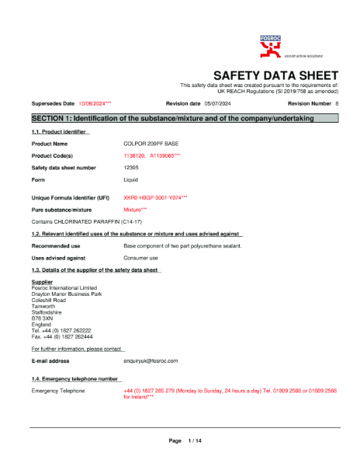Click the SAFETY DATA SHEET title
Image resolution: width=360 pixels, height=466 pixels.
click(275, 75)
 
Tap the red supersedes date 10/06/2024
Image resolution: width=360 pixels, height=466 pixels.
click(95, 103)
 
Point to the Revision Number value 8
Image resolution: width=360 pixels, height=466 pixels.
click(337, 103)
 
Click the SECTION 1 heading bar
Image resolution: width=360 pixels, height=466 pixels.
click(185, 118)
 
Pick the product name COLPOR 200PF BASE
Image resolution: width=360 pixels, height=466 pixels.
click(152, 144)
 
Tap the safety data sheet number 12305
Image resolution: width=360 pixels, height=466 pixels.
click(131, 167)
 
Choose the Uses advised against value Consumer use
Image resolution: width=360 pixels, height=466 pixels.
click(141, 257)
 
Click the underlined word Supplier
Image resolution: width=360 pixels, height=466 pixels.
click(42, 282)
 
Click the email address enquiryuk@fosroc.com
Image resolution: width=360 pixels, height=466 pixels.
click(151, 361)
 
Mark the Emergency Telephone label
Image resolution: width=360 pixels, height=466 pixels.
click(57, 391)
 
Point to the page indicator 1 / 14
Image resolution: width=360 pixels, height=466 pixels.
click(195, 441)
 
